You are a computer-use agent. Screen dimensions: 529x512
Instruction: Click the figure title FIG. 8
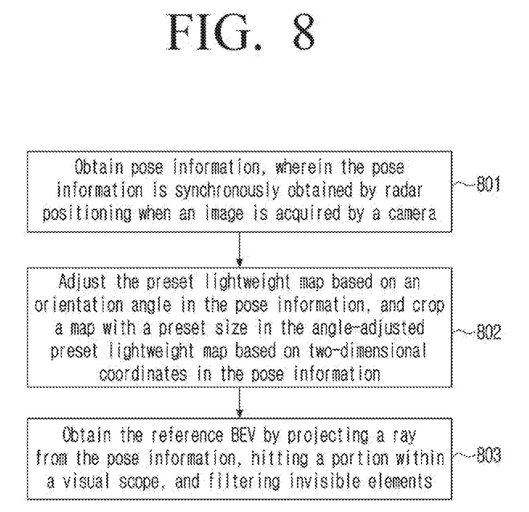(x=241, y=32)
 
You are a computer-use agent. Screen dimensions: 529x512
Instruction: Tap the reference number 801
(x=488, y=184)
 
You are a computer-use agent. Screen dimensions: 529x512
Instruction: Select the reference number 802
(x=489, y=331)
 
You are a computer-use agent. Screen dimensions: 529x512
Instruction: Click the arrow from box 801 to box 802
(x=240, y=249)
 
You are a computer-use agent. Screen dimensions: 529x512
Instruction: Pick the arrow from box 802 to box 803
(x=240, y=402)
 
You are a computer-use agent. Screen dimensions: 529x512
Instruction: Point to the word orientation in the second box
(x=79, y=305)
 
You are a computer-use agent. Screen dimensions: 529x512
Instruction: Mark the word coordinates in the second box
(x=143, y=374)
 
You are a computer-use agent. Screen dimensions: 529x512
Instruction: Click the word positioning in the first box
(x=87, y=214)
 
